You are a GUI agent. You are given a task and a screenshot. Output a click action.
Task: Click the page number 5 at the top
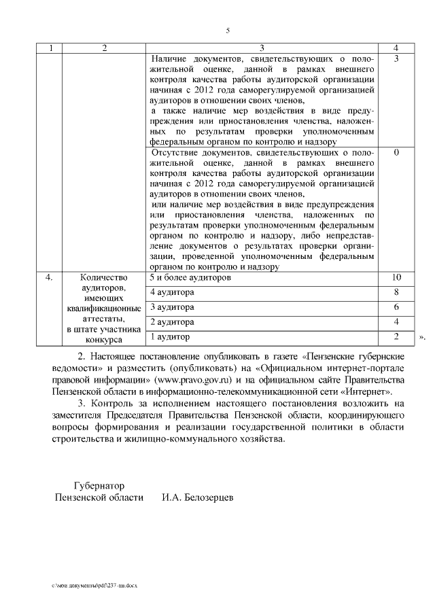[x=228, y=31]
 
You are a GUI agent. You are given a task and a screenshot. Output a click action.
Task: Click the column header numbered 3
[x=262, y=48]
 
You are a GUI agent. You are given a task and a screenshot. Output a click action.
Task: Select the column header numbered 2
[x=104, y=48]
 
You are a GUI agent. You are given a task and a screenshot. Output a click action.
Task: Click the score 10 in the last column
[x=397, y=278]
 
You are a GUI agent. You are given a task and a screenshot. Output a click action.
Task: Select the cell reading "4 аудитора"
[x=172, y=293]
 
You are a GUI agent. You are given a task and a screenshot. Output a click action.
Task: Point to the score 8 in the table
[x=396, y=293]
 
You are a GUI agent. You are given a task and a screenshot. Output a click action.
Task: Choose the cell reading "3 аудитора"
[x=172, y=307]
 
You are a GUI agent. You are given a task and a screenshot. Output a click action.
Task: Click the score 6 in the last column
[x=396, y=307]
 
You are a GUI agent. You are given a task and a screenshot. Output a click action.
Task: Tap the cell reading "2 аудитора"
[x=172, y=321]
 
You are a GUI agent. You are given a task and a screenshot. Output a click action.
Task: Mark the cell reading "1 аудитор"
[x=170, y=336]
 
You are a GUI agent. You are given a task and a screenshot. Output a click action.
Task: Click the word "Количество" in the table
[x=104, y=278]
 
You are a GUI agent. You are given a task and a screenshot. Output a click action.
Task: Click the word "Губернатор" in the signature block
[x=99, y=486]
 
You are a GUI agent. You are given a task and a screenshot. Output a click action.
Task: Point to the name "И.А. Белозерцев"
[x=197, y=498]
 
